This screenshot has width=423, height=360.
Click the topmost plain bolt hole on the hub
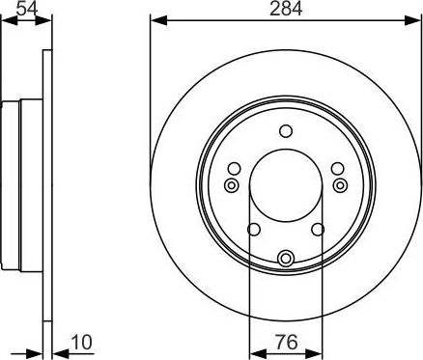coord(285,131)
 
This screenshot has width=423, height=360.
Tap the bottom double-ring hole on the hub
coord(286,258)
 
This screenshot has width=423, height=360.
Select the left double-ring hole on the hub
coord(231,184)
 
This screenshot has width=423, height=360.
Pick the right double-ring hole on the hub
coord(339,184)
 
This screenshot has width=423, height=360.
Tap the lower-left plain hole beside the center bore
coord(253,229)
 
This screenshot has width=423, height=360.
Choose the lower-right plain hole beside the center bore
coord(318,229)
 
